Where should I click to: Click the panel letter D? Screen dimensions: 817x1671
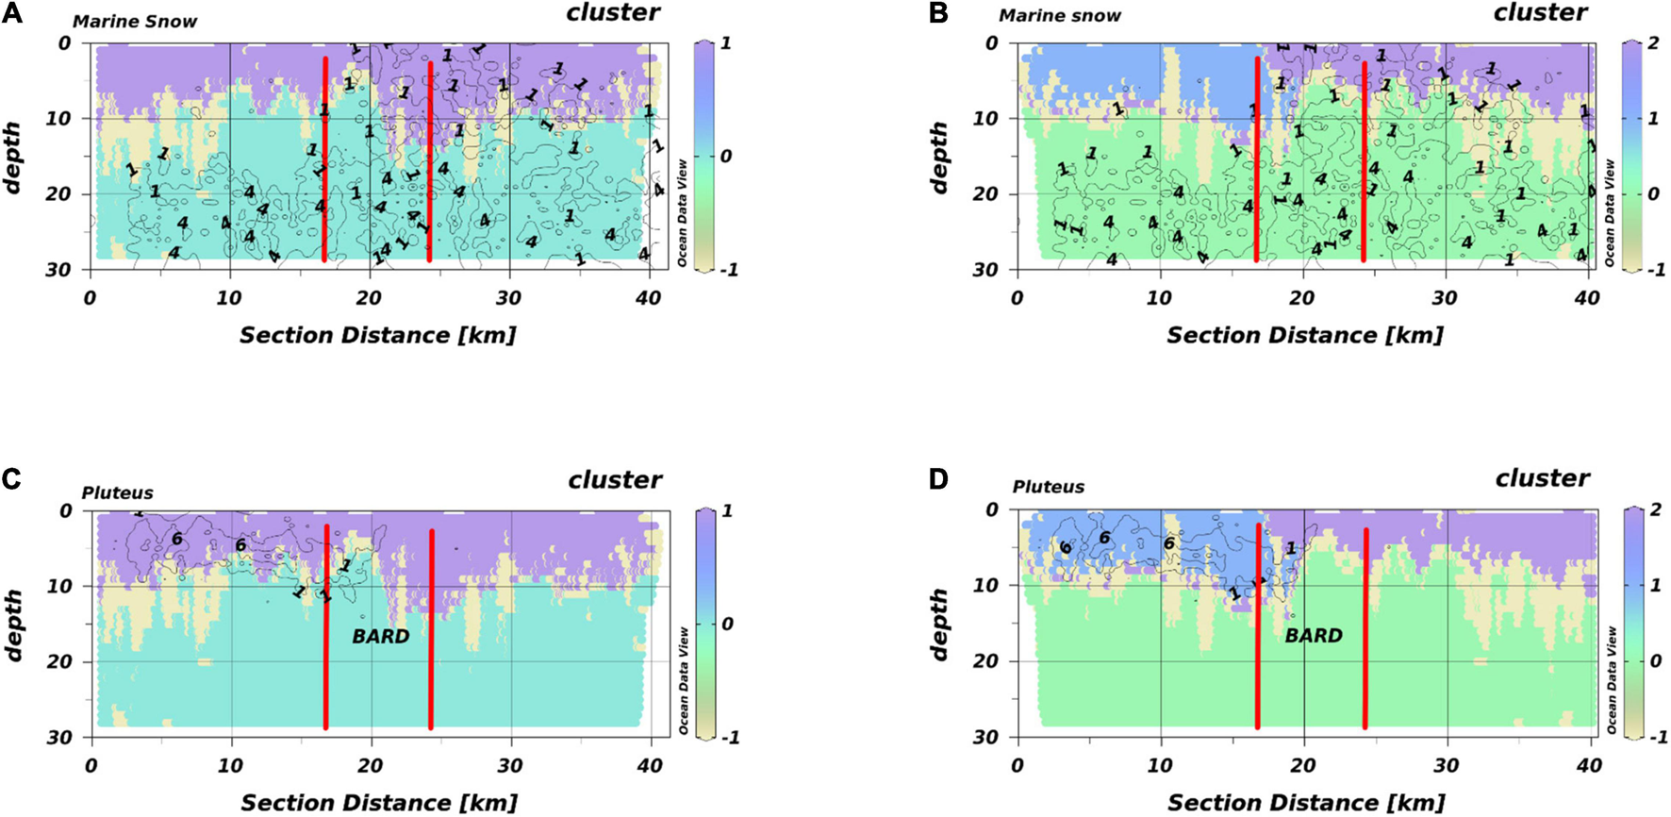938,479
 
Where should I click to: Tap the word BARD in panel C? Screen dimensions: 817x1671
381,637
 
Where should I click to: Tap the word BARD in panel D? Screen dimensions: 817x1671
1313,636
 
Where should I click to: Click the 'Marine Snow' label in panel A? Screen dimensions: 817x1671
135,22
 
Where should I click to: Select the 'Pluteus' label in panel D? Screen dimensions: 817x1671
1048,488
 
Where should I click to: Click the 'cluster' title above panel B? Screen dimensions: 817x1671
1540,13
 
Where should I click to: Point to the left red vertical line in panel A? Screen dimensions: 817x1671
324,160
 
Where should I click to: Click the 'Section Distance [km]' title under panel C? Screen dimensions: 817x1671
379,803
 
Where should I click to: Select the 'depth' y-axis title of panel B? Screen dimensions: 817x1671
938,157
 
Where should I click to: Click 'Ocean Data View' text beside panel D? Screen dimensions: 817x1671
1612,680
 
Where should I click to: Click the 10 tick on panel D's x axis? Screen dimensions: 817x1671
1161,765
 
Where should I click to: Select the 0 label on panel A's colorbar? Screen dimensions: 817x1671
725,157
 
